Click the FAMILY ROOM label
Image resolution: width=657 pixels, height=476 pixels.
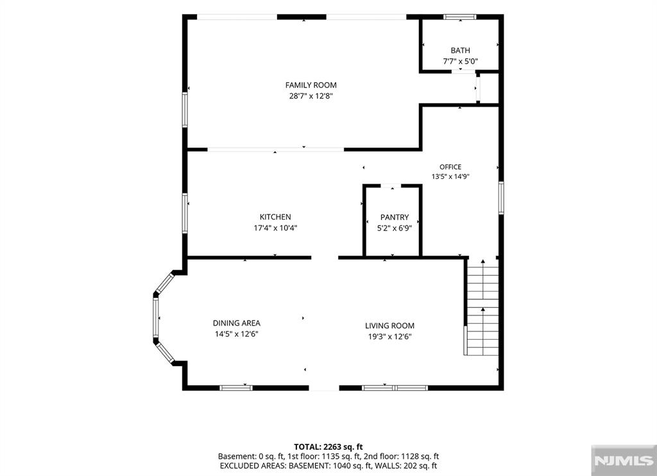click(311, 85)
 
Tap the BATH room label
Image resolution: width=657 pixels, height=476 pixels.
click(460, 50)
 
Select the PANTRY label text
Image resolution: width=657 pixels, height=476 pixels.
click(395, 217)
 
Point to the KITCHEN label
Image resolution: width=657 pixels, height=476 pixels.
click(275, 217)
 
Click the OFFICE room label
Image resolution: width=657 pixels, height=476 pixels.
click(450, 167)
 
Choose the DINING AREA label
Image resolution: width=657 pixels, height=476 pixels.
click(236, 323)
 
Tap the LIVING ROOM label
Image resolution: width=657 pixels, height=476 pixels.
click(389, 326)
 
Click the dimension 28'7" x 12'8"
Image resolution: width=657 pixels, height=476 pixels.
click(311, 96)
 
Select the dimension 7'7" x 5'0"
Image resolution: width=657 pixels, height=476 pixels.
click(460, 61)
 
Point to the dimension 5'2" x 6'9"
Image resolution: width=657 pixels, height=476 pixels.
click(395, 228)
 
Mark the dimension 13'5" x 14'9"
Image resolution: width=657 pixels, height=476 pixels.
click(450, 177)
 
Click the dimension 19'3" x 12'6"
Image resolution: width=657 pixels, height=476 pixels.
click(389, 337)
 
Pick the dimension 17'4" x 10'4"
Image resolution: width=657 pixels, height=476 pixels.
click(275, 228)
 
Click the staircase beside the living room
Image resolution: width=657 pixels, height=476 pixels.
click(482, 308)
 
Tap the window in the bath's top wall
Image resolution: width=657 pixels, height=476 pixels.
click(459, 17)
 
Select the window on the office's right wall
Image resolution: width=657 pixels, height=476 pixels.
click(500, 198)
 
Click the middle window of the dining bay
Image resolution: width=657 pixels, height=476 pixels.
click(156, 317)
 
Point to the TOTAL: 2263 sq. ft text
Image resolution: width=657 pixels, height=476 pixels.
click(328, 446)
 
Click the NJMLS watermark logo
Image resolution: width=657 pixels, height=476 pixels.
click(624, 461)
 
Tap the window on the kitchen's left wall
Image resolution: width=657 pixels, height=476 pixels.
click(185, 213)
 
